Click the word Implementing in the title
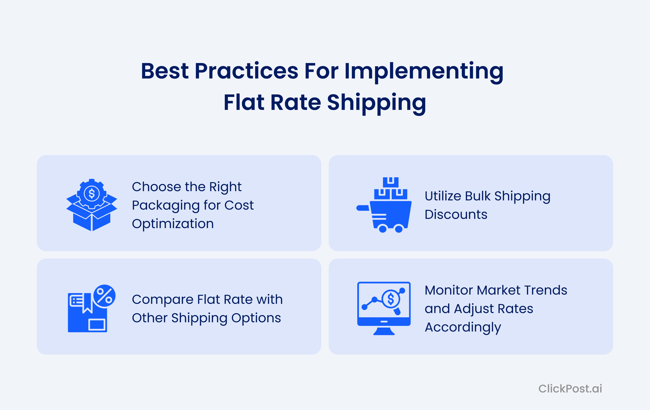click(x=424, y=71)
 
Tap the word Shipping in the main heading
click(x=376, y=103)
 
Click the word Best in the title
click(x=165, y=71)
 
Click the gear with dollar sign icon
click(x=92, y=193)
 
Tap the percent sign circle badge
click(x=104, y=296)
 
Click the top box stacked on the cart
click(x=391, y=182)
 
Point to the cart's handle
click(x=363, y=208)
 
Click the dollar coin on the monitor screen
click(x=391, y=299)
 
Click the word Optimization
click(x=173, y=224)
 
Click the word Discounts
click(x=456, y=215)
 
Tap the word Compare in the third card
click(x=162, y=299)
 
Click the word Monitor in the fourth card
click(x=449, y=290)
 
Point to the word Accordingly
click(x=463, y=327)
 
